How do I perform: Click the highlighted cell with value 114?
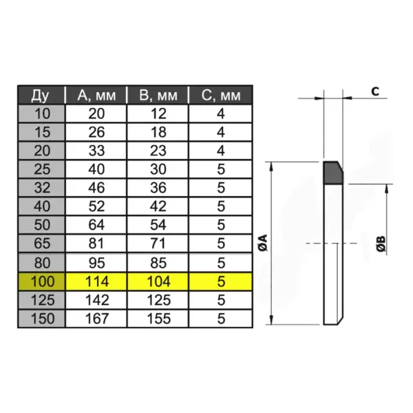tap(96, 281)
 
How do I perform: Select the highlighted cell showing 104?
tap(158, 281)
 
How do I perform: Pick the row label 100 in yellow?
tap(41, 281)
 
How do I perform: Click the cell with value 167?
tap(96, 319)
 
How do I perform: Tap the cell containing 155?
tap(158, 319)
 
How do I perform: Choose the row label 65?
tap(41, 243)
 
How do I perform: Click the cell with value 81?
tap(96, 243)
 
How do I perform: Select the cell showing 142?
tap(96, 300)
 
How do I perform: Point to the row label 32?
tap(41, 187)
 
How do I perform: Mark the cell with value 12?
tap(158, 113)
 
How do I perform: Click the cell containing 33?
tap(96, 149)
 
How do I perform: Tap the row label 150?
tap(41, 319)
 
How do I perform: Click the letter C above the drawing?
tap(374, 91)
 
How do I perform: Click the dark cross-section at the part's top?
tap(332, 172)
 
